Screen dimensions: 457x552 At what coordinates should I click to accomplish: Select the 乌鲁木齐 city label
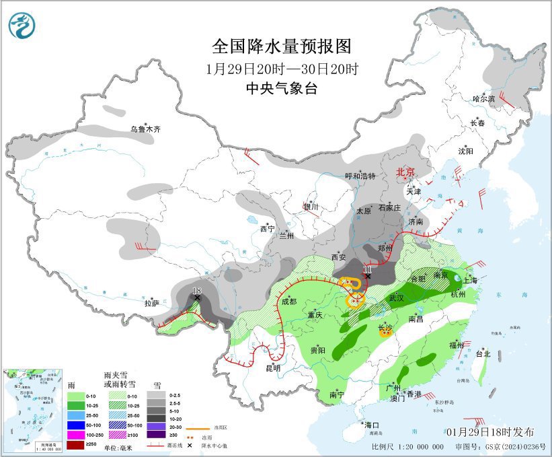coord(146,129)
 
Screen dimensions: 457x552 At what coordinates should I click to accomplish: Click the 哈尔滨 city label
coord(483,99)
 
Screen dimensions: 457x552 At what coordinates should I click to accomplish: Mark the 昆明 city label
coord(273,368)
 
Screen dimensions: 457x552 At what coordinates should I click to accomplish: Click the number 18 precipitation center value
coord(197,291)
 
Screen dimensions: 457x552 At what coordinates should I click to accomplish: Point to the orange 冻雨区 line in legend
coord(196,427)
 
